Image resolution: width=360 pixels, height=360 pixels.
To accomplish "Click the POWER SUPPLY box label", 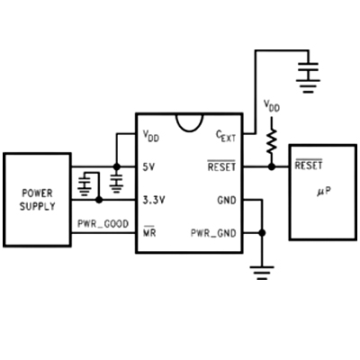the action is coord(38,200).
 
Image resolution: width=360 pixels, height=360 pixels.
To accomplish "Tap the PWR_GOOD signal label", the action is coord(103,224).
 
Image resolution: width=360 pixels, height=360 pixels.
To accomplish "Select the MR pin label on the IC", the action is coord(149,231).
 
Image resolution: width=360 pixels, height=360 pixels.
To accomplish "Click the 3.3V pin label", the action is coord(154,200).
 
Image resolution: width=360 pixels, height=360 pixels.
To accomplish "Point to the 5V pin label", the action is coord(148,166).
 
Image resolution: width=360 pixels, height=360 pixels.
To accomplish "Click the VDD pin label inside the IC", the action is coord(150,136).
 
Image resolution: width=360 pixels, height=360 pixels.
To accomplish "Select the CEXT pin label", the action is coord(226,136).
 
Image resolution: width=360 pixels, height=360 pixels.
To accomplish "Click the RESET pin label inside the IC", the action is coord(221,166).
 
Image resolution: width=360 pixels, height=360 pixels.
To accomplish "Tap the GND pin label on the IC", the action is coord(227,200).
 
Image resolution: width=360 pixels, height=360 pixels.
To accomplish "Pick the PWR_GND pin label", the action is coord(213,233).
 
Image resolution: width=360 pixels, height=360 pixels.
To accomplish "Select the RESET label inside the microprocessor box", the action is coord(309,165).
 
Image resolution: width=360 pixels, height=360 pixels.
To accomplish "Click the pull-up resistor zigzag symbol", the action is coord(272,140).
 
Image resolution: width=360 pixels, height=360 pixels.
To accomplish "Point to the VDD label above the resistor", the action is coord(272,106).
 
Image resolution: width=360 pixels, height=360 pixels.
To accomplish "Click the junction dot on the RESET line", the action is coord(272,166).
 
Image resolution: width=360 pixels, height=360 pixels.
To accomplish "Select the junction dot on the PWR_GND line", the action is coord(262,233).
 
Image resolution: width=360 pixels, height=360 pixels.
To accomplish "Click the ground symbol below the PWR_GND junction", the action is coord(262,273).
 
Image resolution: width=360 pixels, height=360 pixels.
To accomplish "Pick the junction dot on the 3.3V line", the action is coord(99,200).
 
